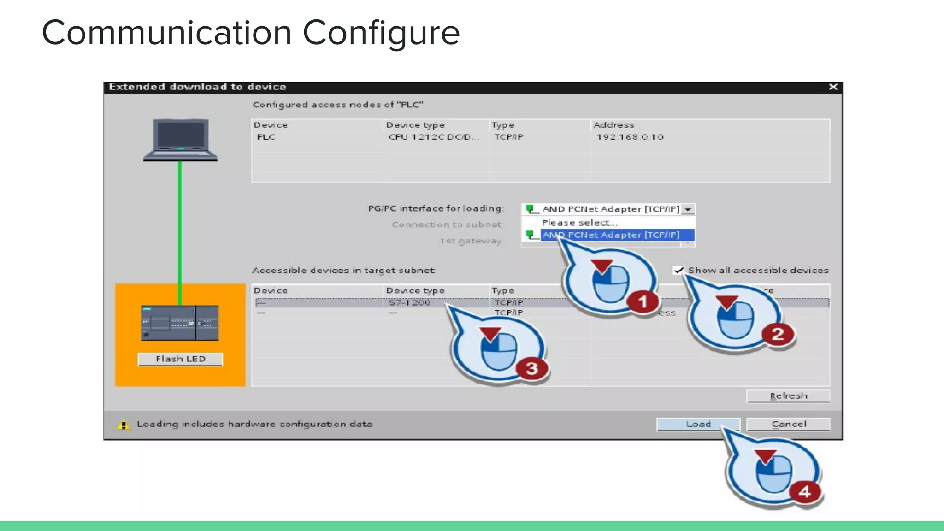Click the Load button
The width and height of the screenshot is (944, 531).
pyautogui.click(x=698, y=424)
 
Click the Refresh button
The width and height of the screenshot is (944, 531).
pyautogui.click(x=788, y=396)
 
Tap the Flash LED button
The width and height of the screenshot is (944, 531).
pyautogui.click(x=180, y=359)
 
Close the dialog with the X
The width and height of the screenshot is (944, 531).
pyautogui.click(x=833, y=87)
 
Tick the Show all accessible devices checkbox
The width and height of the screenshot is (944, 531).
pyautogui.click(x=678, y=270)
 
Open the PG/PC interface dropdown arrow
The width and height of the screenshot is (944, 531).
pyautogui.click(x=688, y=209)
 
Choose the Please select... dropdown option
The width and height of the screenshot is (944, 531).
pyautogui.click(x=579, y=223)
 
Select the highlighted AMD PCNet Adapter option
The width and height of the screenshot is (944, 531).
pyautogui.click(x=611, y=235)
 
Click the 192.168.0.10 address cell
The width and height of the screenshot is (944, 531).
pyautogui.click(x=630, y=137)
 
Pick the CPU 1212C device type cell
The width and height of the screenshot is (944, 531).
pyautogui.click(x=433, y=137)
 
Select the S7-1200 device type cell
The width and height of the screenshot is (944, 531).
pyautogui.click(x=409, y=302)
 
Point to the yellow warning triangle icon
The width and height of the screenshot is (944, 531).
pyautogui.click(x=124, y=425)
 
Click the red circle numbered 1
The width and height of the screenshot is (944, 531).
pyautogui.click(x=642, y=302)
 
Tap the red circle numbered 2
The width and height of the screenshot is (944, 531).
pyautogui.click(x=778, y=334)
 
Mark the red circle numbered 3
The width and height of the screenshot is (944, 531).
pyautogui.click(x=531, y=368)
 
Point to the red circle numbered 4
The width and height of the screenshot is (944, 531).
pyautogui.click(x=804, y=491)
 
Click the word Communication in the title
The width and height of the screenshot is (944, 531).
pyautogui.click(x=166, y=33)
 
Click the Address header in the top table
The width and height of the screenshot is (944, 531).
pyautogui.click(x=614, y=125)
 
